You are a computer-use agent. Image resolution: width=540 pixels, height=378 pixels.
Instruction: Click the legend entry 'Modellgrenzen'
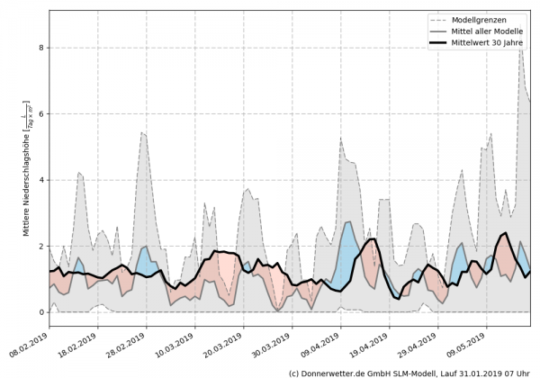pyautogui.click(x=478, y=19)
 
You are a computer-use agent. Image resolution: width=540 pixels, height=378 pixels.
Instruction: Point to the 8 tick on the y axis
pyautogui.click(x=41, y=48)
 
